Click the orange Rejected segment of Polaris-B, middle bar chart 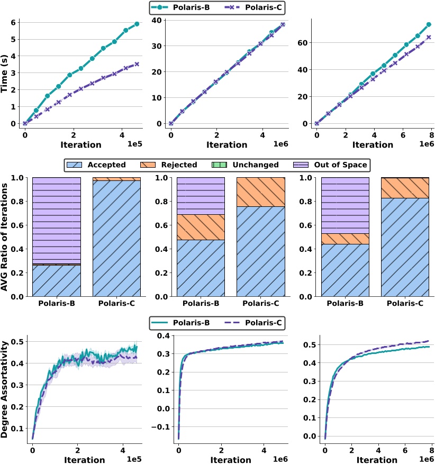click(201, 227)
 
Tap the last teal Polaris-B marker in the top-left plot click(137, 24)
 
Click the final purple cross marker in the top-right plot click(429, 37)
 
